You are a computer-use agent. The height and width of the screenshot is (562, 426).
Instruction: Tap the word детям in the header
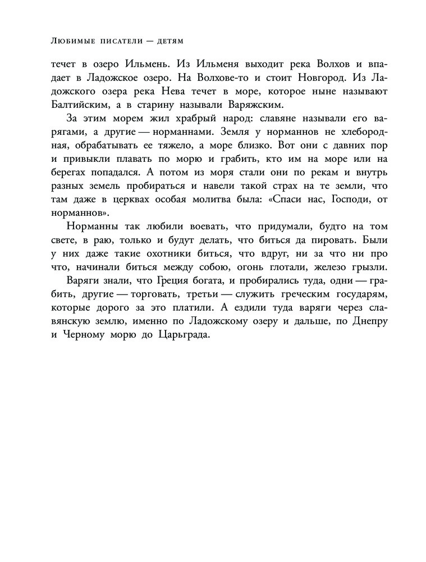tap(169, 41)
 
